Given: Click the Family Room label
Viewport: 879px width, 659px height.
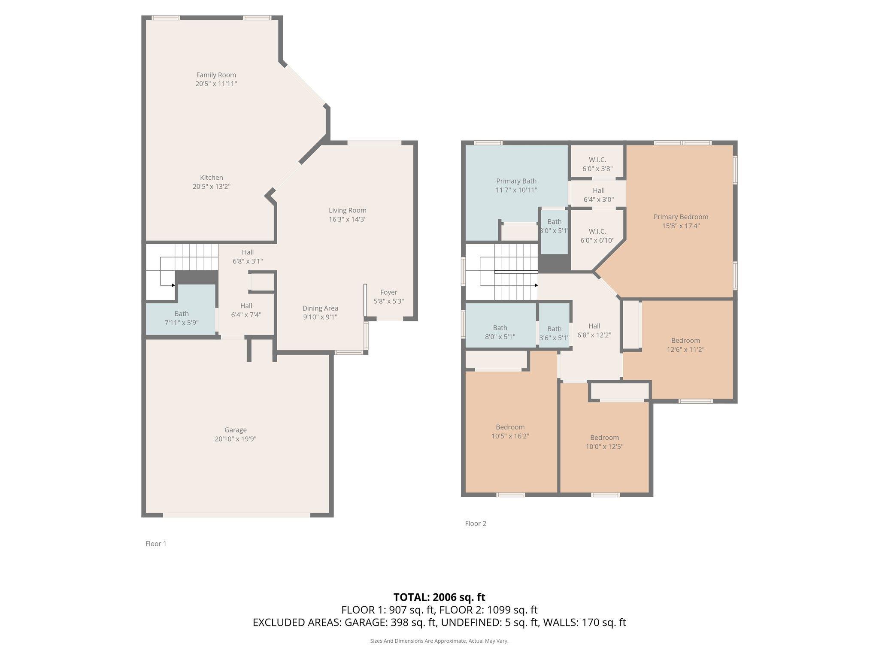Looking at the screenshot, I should (x=216, y=75).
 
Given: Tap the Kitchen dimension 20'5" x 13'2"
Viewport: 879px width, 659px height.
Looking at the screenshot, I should (x=211, y=187).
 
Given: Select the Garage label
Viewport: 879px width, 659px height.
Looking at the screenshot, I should (x=235, y=430).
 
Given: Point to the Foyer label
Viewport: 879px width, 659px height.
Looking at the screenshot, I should (x=388, y=292).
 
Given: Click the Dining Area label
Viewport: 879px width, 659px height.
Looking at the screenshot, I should (x=320, y=308).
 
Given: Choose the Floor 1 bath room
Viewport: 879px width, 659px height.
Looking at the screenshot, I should (x=181, y=318).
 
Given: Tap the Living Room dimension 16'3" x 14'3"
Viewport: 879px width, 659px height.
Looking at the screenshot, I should (x=347, y=219).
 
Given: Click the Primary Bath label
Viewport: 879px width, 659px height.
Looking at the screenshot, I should (x=516, y=181).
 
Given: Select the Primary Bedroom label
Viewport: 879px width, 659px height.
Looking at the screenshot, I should (x=681, y=217).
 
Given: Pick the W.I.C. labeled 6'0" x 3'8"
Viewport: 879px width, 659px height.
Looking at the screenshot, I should (x=597, y=164).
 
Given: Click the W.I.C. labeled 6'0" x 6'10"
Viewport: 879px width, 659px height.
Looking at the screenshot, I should (x=597, y=236).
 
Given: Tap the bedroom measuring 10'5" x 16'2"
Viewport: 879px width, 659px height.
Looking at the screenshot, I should (x=510, y=432).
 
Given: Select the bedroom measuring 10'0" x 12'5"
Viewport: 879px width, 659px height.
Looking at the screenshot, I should (x=604, y=442).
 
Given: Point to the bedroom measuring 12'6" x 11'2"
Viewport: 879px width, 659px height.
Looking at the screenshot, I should (x=685, y=345).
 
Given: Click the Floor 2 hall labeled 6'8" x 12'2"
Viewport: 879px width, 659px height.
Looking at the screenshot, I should (x=594, y=330).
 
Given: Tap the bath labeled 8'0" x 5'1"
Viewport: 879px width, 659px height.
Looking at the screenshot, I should (x=500, y=332).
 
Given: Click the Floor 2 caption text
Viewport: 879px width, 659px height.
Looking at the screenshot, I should (x=476, y=523).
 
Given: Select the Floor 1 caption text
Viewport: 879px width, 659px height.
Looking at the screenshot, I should (x=156, y=544).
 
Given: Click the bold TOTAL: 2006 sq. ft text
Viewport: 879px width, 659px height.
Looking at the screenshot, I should (x=439, y=597).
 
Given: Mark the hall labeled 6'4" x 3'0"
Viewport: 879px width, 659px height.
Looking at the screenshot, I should (x=598, y=195).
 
